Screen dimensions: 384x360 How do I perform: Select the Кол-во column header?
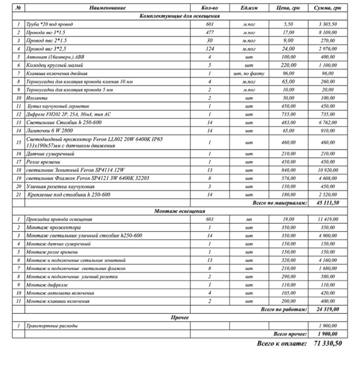[210, 9]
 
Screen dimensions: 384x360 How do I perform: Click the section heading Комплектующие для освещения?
[179, 16]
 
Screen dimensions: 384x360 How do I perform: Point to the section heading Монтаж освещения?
[179, 211]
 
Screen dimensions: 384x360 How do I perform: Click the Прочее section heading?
[179, 317]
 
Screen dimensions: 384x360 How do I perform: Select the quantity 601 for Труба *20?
[210, 25]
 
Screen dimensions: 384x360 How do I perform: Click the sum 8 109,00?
[330, 33]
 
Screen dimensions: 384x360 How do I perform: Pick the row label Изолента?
[35, 97]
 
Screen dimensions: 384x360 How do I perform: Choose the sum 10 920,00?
[330, 169]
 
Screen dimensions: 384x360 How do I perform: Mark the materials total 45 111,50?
[330, 203]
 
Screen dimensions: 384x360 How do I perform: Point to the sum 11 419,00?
[330, 219]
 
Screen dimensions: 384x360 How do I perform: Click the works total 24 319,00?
[330, 309]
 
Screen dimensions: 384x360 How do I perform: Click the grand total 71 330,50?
[327, 343]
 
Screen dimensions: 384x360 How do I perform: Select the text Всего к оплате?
[282, 343]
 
